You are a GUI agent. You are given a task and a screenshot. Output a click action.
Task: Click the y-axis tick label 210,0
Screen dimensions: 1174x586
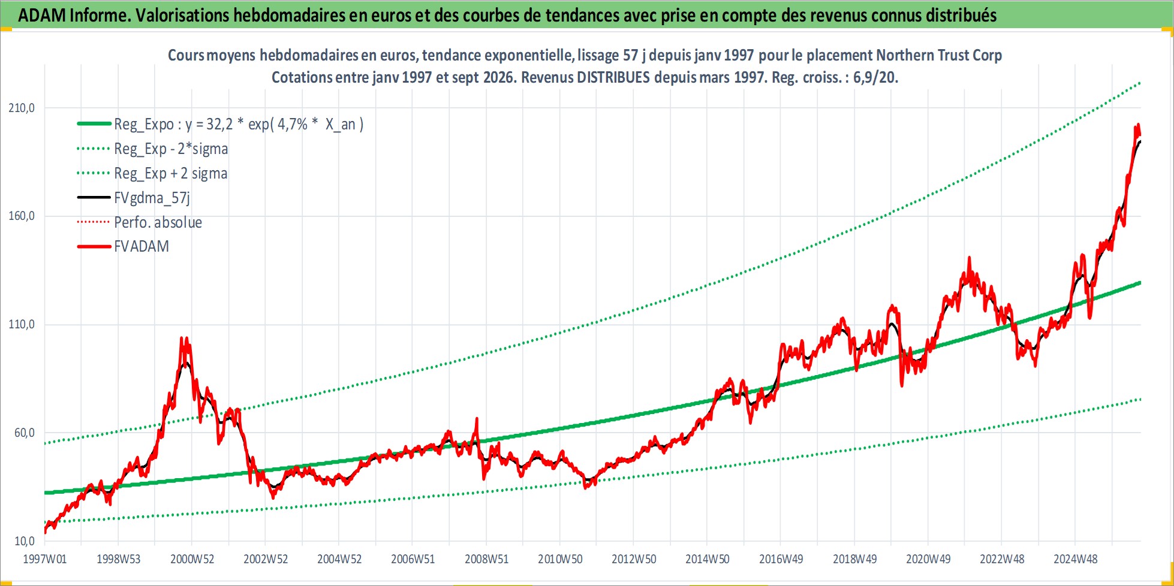click(22, 108)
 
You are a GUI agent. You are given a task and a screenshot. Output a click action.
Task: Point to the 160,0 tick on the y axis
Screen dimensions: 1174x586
click(22, 216)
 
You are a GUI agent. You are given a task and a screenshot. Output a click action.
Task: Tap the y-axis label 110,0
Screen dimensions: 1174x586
click(22, 324)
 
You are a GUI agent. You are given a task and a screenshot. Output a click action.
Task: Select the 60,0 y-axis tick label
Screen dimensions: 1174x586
click(25, 433)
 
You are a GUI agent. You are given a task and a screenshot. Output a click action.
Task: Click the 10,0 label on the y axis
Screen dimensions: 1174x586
click(25, 541)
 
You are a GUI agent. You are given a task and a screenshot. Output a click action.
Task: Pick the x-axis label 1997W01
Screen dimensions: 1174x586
click(45, 559)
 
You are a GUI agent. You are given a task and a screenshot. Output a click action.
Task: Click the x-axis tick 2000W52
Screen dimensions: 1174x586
click(192, 559)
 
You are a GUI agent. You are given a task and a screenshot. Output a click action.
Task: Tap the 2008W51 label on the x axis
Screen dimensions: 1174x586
click(486, 559)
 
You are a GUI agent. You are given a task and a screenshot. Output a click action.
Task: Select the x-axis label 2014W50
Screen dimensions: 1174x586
click(708, 559)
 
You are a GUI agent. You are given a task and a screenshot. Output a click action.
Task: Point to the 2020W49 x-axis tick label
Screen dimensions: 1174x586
click(928, 559)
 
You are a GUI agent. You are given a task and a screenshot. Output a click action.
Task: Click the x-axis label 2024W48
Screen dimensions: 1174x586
click(1076, 559)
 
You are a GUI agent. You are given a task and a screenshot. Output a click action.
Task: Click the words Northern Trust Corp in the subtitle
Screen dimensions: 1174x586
click(939, 55)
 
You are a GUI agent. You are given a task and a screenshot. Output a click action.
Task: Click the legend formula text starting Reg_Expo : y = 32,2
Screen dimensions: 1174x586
click(239, 124)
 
